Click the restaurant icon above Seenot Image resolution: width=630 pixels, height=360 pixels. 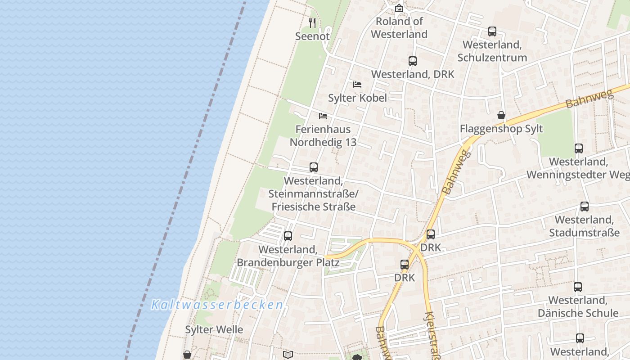coord(312,22)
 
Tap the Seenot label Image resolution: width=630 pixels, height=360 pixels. coord(312,36)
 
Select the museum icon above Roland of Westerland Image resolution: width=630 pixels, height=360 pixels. coord(399,8)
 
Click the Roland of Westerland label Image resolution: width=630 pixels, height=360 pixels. coord(399,27)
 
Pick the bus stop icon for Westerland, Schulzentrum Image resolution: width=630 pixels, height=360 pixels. coord(492,31)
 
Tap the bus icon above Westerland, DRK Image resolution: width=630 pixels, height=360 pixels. coord(413,61)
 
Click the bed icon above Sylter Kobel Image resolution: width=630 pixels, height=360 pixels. coord(357,84)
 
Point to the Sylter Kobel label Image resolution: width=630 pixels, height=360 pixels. coord(357,98)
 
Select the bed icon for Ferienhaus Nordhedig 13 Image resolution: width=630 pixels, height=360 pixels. coord(323,116)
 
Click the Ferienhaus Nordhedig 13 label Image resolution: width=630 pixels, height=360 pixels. coord(323,135)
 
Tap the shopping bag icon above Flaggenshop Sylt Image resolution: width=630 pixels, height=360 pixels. coord(501,116)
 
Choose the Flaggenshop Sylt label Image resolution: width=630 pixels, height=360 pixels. coord(501,129)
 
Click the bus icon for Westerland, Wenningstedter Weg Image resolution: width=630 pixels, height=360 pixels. coord(579,148)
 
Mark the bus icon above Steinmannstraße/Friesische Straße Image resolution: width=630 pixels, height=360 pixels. coord(314,167)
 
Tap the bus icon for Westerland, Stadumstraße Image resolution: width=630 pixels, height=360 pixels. coord(585,207)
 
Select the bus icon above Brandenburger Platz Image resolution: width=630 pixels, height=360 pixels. coord(288,236)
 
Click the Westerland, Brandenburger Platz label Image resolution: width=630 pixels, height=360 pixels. coord(288,256)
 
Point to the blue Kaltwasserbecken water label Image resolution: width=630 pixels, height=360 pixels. coord(217,305)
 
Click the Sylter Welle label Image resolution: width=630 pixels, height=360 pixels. coord(214,329)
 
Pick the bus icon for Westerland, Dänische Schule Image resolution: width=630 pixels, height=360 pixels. coord(578,287)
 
